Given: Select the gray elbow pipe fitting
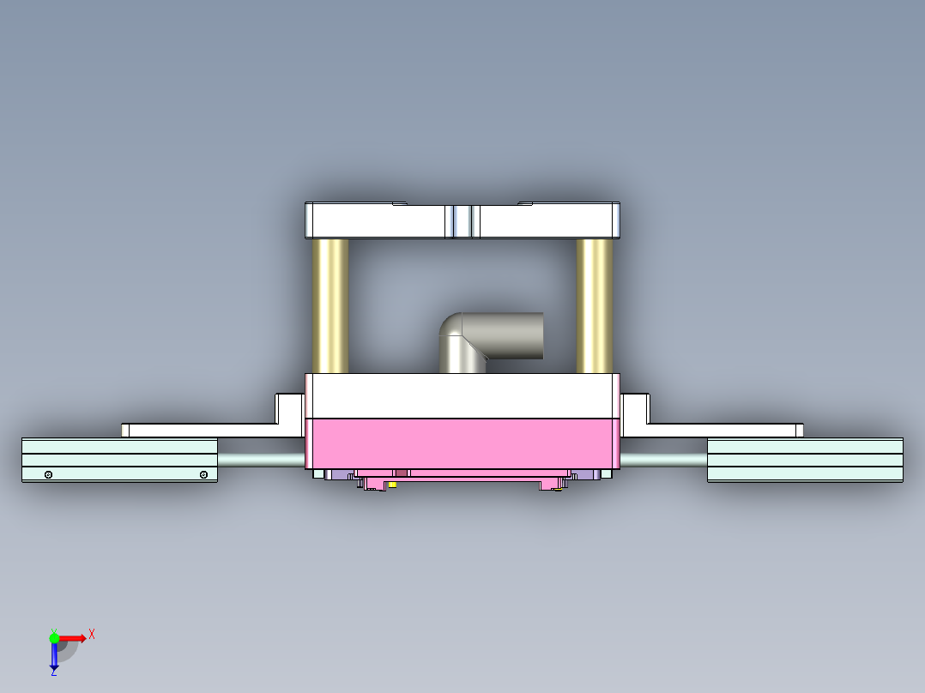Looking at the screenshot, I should (x=493, y=338).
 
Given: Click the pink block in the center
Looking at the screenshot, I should (x=462, y=443).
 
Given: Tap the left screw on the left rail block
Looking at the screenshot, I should (x=49, y=474).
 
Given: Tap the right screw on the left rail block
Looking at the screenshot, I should (x=203, y=474).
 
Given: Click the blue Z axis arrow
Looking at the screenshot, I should (x=54, y=657).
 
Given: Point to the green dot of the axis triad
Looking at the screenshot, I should (x=54, y=637).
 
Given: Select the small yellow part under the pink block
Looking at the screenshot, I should (x=392, y=485).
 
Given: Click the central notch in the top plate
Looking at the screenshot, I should (x=462, y=221).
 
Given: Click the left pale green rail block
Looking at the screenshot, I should (x=119, y=459).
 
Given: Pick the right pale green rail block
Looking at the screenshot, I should (x=804, y=459).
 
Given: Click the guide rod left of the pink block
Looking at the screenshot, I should (x=261, y=460).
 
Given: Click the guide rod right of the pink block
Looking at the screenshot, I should (x=662, y=460).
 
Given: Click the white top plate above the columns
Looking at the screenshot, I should (x=378, y=221).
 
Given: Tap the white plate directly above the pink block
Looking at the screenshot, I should (x=462, y=395).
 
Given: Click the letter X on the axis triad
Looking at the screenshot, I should (x=92, y=634).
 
